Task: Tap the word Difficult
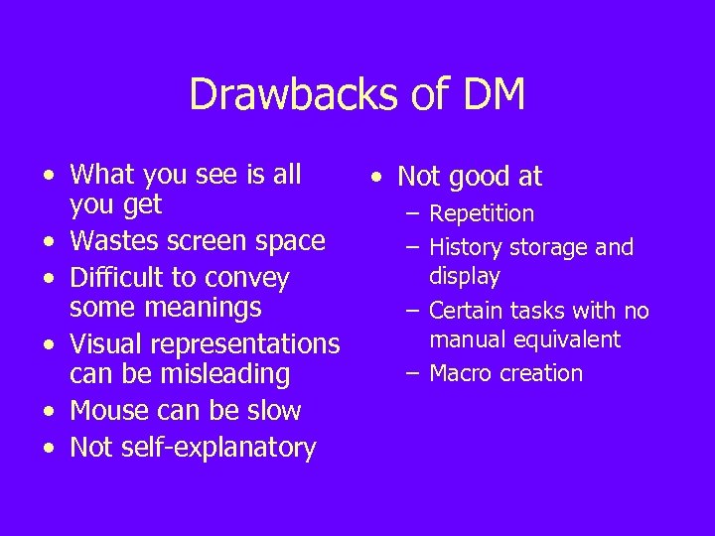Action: (118, 278)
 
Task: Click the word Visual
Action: (105, 343)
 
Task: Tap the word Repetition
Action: (482, 213)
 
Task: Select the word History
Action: (467, 247)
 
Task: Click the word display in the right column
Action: (464, 276)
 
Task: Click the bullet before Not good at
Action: (375, 178)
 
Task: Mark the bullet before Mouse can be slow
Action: (49, 412)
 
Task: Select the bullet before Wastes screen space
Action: (49, 242)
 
